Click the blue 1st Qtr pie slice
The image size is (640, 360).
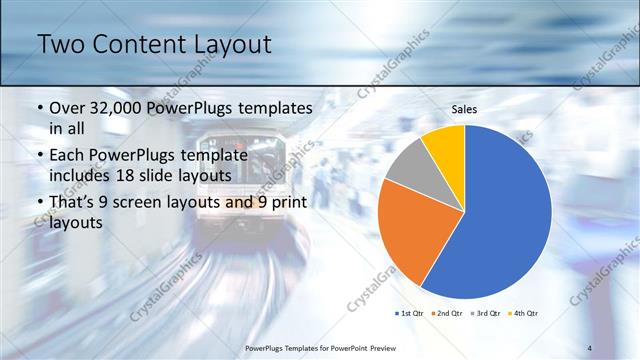500,220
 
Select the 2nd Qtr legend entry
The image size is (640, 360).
447,314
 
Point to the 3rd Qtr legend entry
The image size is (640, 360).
486,314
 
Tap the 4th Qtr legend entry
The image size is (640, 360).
524,314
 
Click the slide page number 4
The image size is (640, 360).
591,347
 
